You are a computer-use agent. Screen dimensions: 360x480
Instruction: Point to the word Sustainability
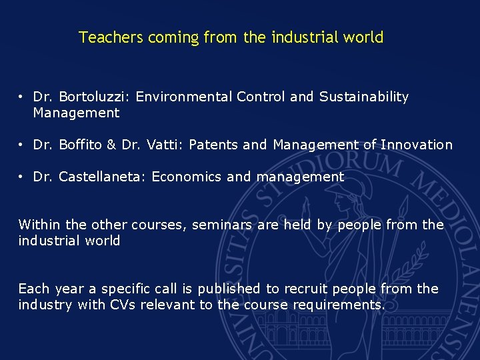(x=364, y=97)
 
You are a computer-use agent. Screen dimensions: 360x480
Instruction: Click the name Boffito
(x=82, y=145)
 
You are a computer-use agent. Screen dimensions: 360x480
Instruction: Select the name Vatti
(x=161, y=145)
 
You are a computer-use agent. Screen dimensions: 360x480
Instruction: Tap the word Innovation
(x=417, y=145)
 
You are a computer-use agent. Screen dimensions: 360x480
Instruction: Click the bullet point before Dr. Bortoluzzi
(x=22, y=97)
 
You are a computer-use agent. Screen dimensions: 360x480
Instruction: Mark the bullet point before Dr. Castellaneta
(x=22, y=177)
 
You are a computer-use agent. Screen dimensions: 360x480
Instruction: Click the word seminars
(x=222, y=225)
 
